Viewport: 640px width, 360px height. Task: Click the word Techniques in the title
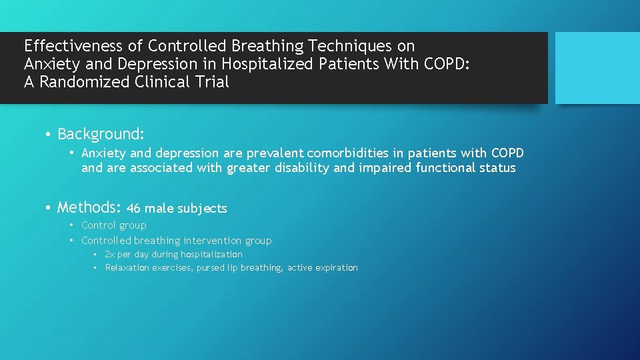tap(341, 46)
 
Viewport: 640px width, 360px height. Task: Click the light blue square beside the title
tap(597, 67)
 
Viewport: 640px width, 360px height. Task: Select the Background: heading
tap(101, 134)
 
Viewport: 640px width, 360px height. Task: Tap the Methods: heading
tap(88, 207)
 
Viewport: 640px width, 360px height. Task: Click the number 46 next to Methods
tap(133, 209)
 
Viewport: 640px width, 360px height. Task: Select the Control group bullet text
tap(114, 225)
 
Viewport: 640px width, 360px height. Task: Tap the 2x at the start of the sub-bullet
tap(110, 255)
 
